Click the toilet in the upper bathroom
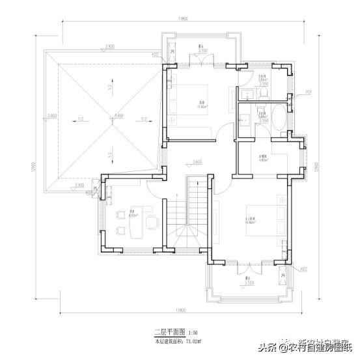click(261, 92)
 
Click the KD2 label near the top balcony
click(155, 55)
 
